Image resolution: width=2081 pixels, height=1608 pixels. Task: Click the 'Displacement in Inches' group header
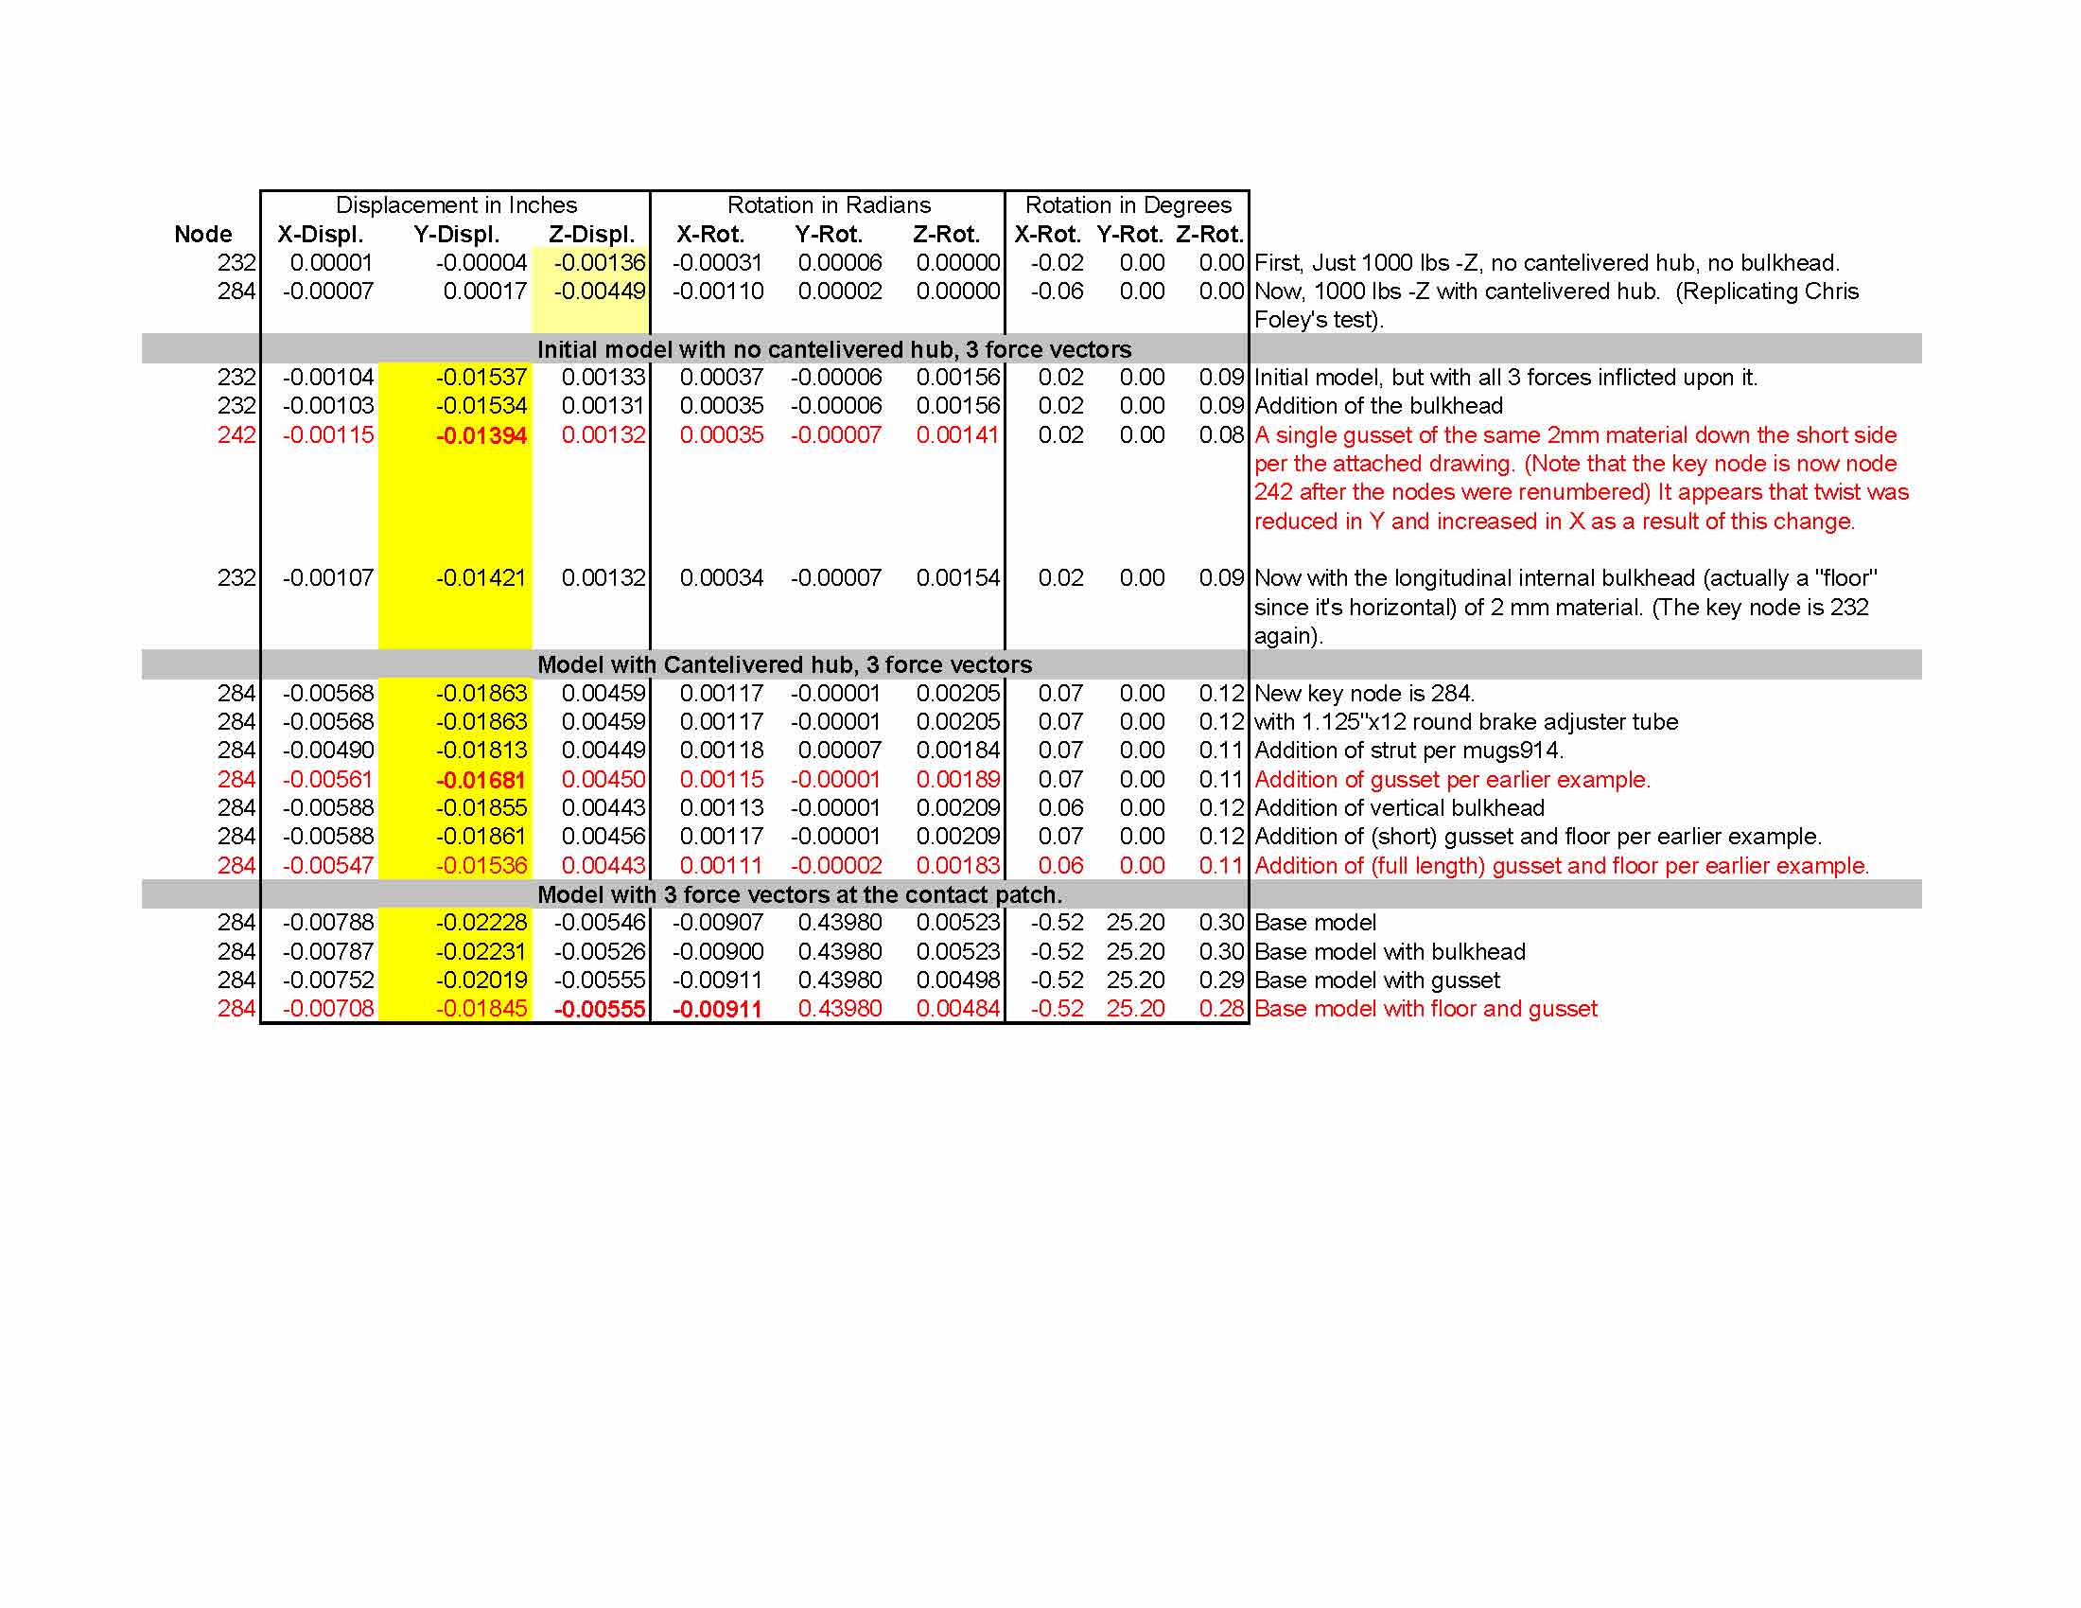coord(456,205)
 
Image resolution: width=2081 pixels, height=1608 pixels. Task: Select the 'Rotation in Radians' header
coord(828,205)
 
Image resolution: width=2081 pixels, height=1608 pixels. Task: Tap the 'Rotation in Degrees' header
coord(1128,205)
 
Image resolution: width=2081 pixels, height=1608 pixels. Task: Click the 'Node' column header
coord(203,235)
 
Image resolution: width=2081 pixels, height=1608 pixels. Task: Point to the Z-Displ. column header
coord(591,235)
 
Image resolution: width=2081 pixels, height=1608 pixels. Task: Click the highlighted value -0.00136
coord(600,263)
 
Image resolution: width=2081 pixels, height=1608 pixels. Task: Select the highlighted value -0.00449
coord(600,292)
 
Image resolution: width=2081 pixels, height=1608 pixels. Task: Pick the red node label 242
coord(236,435)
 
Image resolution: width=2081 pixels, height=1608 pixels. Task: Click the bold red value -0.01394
coord(481,436)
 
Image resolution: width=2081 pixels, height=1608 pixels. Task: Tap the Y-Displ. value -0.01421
coord(481,578)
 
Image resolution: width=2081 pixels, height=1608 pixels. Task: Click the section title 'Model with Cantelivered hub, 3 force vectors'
coord(784,664)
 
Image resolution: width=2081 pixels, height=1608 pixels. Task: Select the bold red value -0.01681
coord(481,781)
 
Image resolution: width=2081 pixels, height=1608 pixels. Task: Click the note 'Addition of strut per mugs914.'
coord(1408,751)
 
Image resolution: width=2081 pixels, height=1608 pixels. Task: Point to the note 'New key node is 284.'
coord(1363,694)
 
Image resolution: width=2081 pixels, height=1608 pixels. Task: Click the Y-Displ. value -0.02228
coord(481,923)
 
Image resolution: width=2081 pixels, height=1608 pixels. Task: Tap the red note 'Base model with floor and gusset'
coord(1425,1009)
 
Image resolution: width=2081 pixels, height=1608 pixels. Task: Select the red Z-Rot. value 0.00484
coord(957,1009)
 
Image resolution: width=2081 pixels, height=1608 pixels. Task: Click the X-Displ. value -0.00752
coord(328,980)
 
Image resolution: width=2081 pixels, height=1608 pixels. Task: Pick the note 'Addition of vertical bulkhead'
coord(1399,808)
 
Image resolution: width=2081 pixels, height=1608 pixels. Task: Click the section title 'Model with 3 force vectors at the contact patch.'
coord(799,895)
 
